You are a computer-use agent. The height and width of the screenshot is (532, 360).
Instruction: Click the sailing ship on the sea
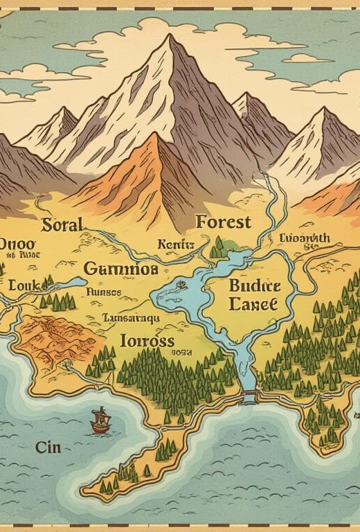(100, 421)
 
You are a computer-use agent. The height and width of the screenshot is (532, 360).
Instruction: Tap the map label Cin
(48, 447)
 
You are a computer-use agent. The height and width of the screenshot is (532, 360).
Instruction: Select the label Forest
(224, 222)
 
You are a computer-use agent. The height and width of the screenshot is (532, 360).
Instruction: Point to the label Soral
(62, 224)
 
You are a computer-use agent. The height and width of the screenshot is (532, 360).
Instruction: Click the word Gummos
(120, 268)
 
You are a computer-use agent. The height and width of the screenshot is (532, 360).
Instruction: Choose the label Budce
(254, 285)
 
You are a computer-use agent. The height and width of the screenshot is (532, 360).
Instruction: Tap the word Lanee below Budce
(253, 303)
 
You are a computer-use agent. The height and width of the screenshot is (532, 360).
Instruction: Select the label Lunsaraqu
(131, 317)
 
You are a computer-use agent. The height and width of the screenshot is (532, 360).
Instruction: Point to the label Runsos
(104, 292)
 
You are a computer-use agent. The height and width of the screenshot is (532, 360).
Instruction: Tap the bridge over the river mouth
(249, 397)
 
